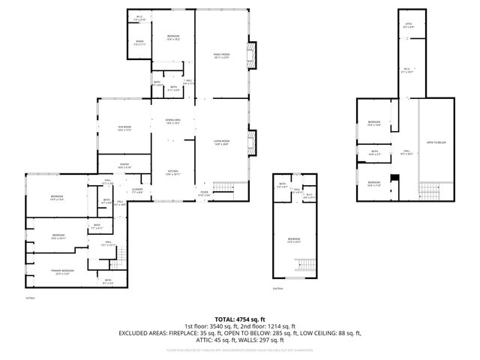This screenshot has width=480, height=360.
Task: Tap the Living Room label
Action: pos(221,142)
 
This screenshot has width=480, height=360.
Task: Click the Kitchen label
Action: pos(172,173)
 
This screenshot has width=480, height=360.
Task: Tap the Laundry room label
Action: pos(137,191)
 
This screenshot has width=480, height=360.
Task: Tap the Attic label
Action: pos(409,25)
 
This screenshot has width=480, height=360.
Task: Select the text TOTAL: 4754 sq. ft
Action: pos(240,319)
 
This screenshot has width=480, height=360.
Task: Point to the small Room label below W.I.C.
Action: pos(139,43)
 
